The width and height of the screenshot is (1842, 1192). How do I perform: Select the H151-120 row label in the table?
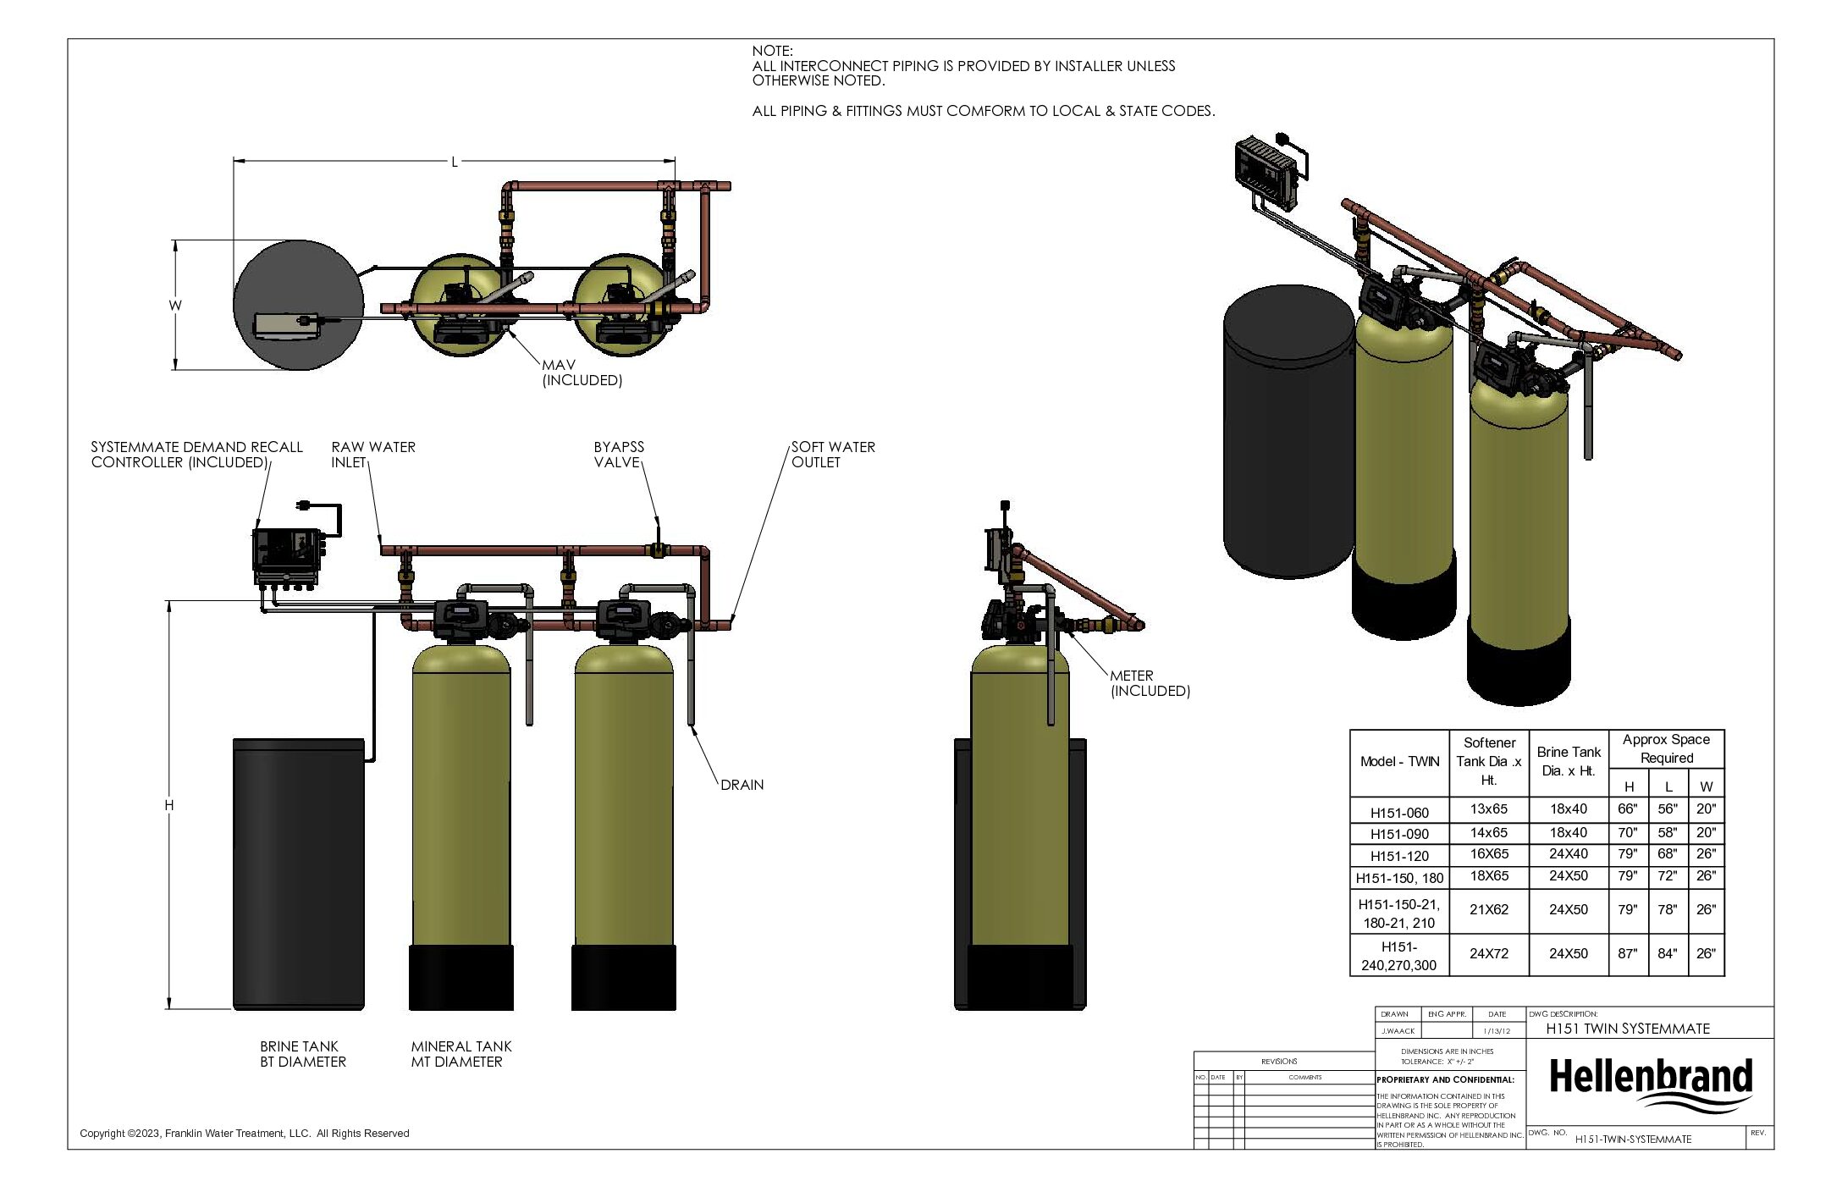coord(1399,856)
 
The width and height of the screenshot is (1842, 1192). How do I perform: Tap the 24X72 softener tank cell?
coord(1489,953)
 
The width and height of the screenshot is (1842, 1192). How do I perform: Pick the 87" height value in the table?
coord(1627,953)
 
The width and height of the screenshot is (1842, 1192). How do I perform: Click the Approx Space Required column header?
coord(1666,748)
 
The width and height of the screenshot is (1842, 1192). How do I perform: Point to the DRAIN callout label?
coord(742,785)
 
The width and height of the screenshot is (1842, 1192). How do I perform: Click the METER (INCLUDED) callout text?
coord(1150,683)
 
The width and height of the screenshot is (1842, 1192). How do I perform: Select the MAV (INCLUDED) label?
coord(582,372)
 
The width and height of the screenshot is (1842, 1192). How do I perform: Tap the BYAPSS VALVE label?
coord(619,455)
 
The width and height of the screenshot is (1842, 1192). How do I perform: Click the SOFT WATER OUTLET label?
coord(833,455)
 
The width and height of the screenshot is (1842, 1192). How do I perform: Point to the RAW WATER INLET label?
coord(372,455)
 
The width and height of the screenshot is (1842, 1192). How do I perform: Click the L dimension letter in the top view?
coord(455,162)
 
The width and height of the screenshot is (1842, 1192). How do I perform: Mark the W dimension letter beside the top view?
coord(175,306)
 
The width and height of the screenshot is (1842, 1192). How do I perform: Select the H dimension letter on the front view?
coord(169,805)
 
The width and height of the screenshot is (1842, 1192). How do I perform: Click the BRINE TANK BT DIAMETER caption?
coord(302,1054)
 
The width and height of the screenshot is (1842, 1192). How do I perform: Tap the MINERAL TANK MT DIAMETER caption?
coord(460,1054)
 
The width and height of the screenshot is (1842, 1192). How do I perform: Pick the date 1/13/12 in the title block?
coord(1497,1031)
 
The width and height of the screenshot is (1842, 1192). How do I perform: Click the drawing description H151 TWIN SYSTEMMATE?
coord(1628,1029)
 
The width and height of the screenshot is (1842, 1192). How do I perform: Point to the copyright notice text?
coord(244,1134)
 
